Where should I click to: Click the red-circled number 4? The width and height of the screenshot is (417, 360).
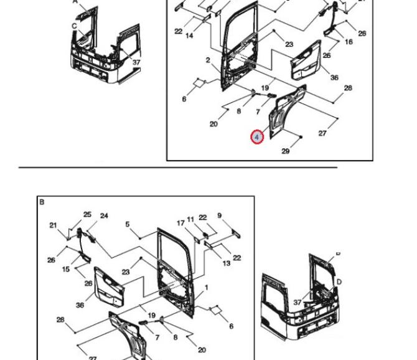pyautogui.click(x=257, y=137)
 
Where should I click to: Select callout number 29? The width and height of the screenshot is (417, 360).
pyautogui.click(x=285, y=151)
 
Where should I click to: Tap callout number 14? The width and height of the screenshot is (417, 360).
pyautogui.click(x=189, y=36)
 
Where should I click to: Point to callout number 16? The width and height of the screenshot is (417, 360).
pyautogui.click(x=349, y=42)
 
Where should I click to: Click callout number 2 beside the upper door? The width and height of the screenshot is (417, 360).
pyautogui.click(x=208, y=60)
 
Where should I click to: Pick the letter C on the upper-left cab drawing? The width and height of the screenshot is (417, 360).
pyautogui.click(x=74, y=26)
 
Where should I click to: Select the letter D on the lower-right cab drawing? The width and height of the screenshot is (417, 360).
pyautogui.click(x=339, y=282)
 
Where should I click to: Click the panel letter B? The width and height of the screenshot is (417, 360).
pyautogui.click(x=42, y=202)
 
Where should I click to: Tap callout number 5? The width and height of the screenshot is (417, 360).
pyautogui.click(x=128, y=224)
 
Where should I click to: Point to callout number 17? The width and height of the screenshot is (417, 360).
pyautogui.click(x=180, y=223)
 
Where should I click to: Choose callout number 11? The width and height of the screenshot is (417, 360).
pyautogui.click(x=190, y=219)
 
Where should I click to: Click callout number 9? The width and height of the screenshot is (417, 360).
pyautogui.click(x=220, y=216)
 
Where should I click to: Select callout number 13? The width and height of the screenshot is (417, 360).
pyautogui.click(x=227, y=263)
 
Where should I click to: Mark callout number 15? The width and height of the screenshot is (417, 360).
pyautogui.click(x=66, y=269)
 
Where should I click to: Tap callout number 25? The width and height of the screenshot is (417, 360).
pyautogui.click(x=87, y=214)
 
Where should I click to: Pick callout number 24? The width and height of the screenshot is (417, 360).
pyautogui.click(x=104, y=216)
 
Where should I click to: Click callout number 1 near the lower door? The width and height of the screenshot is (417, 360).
pyautogui.click(x=207, y=288)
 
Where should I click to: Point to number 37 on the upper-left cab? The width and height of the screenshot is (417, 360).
pyautogui.click(x=136, y=62)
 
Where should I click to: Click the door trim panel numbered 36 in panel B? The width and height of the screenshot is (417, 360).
pyautogui.click(x=109, y=287)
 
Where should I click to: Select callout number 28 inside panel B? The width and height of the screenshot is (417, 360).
pyautogui.click(x=60, y=320)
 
